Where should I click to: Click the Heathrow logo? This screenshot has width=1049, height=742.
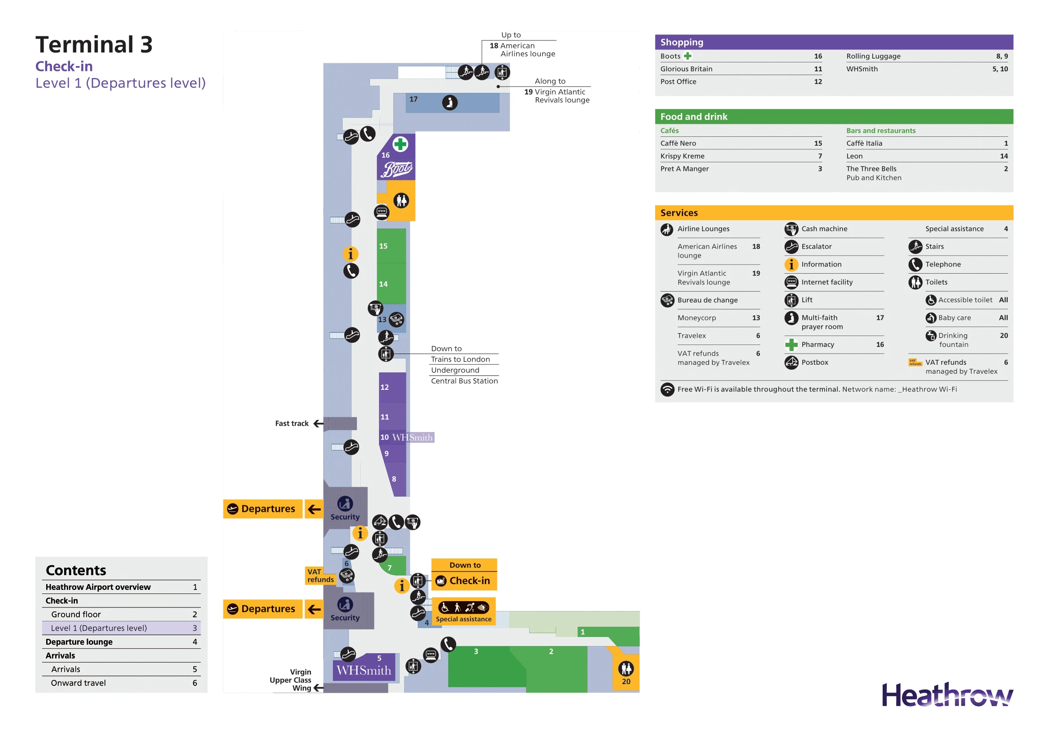point(947,695)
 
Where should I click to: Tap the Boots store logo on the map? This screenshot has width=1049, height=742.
point(397,170)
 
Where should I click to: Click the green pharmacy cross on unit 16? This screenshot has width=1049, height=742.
point(400,144)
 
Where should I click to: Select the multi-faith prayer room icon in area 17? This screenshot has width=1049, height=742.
point(449,102)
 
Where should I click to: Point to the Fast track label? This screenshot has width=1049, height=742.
point(292,423)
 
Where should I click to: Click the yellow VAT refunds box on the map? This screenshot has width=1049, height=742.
point(320,576)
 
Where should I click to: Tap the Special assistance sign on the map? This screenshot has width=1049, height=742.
point(463,611)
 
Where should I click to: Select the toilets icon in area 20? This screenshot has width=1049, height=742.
point(626,669)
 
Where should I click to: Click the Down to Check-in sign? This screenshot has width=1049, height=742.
point(464,574)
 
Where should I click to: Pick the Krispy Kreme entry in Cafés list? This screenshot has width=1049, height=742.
point(682,156)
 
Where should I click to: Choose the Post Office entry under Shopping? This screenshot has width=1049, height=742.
point(678,82)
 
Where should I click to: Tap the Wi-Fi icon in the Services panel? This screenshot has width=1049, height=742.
point(667,389)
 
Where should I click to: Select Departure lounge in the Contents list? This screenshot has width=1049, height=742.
point(79,642)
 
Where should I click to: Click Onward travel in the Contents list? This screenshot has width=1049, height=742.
point(78,683)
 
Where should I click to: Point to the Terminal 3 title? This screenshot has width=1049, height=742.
point(94,45)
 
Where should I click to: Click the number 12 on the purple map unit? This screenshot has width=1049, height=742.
point(385,388)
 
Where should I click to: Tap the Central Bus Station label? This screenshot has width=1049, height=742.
point(464,381)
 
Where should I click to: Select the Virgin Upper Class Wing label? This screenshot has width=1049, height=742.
point(291,680)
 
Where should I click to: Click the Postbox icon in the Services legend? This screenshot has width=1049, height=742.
point(791,362)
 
